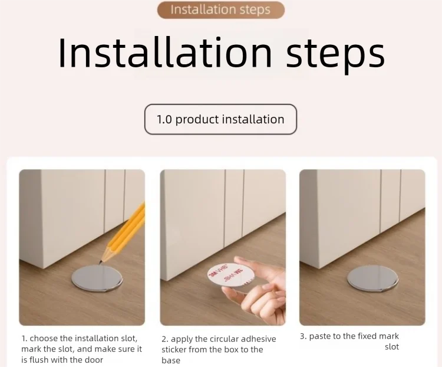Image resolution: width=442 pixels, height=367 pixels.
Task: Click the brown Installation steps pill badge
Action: (221, 10)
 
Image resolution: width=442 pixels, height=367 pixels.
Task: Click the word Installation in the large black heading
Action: (165, 53)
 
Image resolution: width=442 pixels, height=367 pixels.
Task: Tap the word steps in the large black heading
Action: (335, 55)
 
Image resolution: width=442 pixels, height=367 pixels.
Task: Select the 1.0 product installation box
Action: (220, 119)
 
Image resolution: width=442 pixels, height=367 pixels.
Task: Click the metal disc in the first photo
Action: (97, 278)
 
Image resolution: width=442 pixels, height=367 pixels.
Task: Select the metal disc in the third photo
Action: (372, 278)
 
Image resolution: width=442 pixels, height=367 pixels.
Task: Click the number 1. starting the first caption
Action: (25, 338)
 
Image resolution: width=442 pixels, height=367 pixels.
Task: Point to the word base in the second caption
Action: (171, 361)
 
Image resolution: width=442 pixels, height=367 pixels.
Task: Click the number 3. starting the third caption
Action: (303, 336)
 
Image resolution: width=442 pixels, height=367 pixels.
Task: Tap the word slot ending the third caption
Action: (392, 347)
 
